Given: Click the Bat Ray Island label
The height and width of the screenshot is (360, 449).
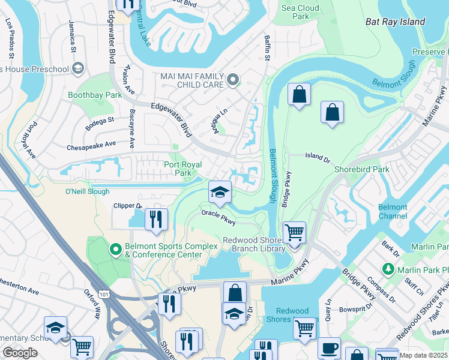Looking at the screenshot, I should click(x=395, y=22).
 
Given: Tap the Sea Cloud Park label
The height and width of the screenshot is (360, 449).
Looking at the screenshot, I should click(x=300, y=12).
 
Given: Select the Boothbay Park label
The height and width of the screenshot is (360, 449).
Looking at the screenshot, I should click(x=95, y=95).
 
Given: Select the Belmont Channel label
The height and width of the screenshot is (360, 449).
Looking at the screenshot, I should click(x=393, y=211).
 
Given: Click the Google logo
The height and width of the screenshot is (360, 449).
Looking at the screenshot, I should click(x=20, y=353).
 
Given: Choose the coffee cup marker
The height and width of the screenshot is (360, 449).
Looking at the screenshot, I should click(x=328, y=349).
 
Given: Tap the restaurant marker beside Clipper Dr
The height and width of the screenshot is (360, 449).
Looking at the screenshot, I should click(x=155, y=220).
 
